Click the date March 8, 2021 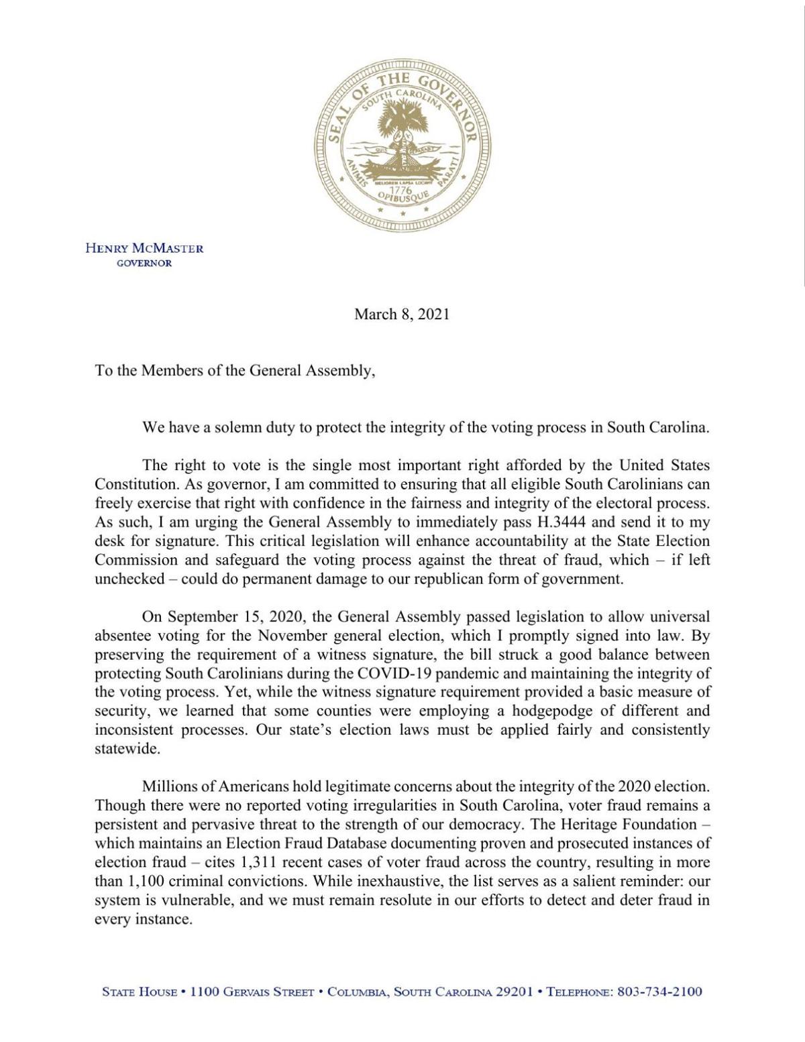click(x=402, y=314)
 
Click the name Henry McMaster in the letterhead click(x=144, y=248)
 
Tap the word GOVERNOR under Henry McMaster click(x=144, y=263)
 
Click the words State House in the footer click(x=140, y=991)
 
